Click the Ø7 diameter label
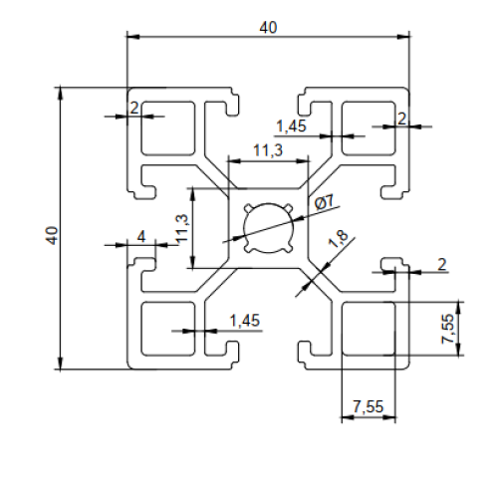[324, 202]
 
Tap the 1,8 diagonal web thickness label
[339, 238]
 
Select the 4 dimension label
[141, 237]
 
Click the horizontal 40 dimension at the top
[268, 28]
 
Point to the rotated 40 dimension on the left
[52, 236]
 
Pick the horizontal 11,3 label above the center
[268, 150]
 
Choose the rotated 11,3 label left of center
[181, 228]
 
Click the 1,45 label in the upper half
[291, 126]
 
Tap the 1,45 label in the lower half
[245, 321]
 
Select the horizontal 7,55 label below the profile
[369, 406]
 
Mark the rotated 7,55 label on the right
[447, 329]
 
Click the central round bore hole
[269, 228]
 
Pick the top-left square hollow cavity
[168, 128]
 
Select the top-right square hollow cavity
[369, 128]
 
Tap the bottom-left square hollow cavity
[168, 329]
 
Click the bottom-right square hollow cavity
[369, 329]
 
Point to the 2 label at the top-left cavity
[134, 108]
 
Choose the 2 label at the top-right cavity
[401, 119]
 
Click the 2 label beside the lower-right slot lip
[442, 265]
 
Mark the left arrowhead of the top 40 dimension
[132, 36]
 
